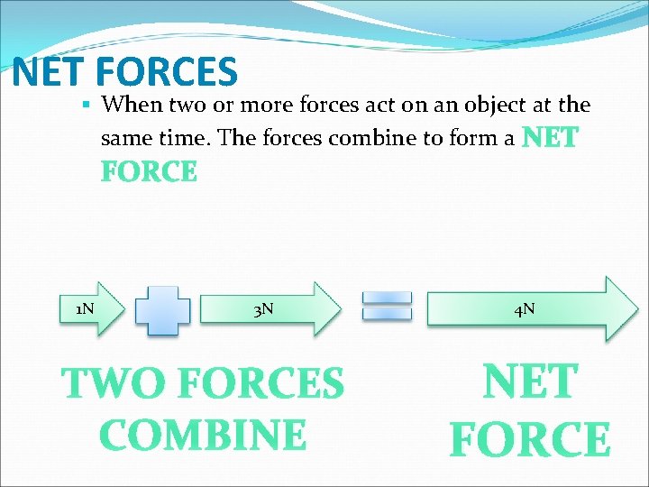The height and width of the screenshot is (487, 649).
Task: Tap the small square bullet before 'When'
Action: click(x=87, y=106)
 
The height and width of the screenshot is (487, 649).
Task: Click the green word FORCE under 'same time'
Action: click(x=149, y=171)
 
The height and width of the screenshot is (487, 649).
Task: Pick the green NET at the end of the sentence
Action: click(x=550, y=139)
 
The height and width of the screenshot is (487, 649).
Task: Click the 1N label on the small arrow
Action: click(x=85, y=309)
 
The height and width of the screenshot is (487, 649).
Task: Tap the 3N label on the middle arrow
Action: click(x=263, y=310)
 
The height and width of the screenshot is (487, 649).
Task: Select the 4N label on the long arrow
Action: click(x=524, y=309)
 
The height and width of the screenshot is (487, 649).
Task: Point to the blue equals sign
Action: click(x=387, y=305)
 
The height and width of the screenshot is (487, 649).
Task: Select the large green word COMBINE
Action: click(x=203, y=435)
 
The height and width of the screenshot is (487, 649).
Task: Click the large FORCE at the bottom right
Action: click(x=530, y=440)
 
